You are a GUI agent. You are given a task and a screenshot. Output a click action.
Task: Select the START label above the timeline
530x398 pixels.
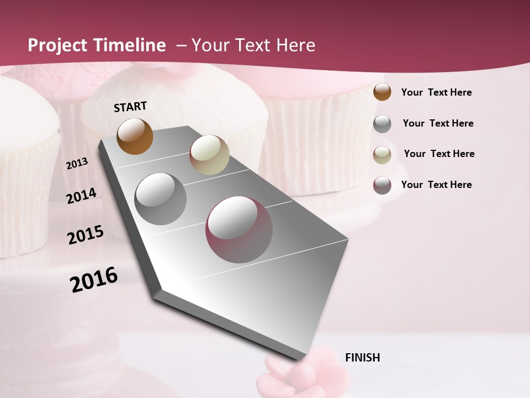tap(130, 107)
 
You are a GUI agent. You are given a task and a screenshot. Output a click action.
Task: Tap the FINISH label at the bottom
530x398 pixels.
tap(362, 358)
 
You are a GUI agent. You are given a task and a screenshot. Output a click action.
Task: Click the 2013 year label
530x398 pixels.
tap(77, 164)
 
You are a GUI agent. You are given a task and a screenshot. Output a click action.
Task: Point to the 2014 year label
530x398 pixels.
tap(81, 196)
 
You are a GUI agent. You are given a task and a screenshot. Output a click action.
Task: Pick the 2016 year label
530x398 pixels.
tap(94, 280)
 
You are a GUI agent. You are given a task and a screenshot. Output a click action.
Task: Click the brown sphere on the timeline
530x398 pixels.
tap(135, 137)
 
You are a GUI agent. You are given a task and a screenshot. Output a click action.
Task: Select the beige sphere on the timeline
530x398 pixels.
tap(209, 155)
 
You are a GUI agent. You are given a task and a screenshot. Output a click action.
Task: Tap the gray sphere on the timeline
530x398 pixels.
tap(160, 199)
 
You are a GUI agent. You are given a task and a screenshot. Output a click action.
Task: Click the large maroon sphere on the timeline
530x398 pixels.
tap(239, 229)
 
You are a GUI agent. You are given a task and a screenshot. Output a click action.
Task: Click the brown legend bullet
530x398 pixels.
tap(382, 92)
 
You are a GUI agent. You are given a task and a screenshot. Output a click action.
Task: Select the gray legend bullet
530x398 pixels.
tap(382, 124)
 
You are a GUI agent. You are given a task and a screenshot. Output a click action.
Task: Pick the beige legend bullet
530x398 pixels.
tap(382, 155)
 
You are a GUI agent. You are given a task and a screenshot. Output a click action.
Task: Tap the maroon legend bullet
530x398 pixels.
tap(382, 185)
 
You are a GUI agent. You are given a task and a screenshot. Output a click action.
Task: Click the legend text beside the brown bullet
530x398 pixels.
tap(436, 92)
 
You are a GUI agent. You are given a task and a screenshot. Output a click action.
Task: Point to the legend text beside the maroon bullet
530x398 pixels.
tap(436, 185)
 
